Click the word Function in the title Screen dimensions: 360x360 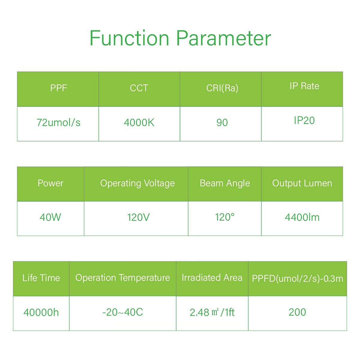129,38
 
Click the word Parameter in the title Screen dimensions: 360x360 223,38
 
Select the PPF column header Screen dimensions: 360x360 58,88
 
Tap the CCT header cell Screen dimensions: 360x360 139,88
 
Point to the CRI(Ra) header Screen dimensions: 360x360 222,88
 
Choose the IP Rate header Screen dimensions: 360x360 304,86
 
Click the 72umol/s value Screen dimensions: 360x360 58,123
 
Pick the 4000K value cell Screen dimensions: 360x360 139,123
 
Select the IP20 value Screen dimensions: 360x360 304,120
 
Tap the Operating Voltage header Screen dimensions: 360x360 137,183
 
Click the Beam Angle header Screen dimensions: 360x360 225,183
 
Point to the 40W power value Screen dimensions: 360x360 50,217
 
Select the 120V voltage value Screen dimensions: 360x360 138,217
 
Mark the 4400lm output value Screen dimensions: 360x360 302,217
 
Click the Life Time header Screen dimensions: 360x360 41,278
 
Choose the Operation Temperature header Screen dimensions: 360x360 123,278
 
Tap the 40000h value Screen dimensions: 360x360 41,312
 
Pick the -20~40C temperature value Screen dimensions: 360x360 123,312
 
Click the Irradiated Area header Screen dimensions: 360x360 212,278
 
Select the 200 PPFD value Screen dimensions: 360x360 297,312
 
